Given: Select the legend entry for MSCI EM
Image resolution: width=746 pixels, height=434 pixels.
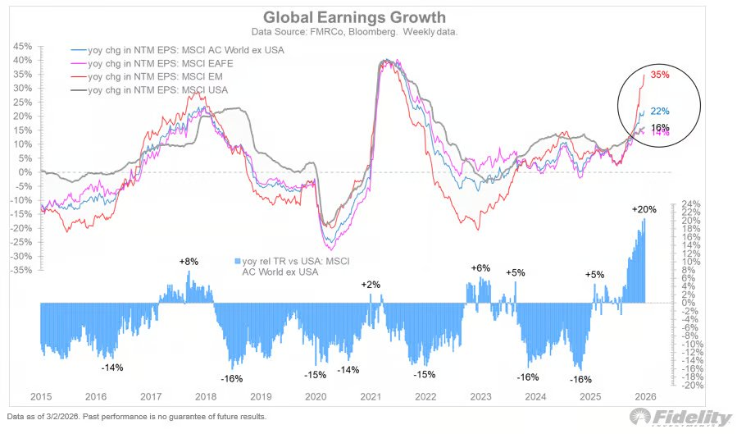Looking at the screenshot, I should (152, 75).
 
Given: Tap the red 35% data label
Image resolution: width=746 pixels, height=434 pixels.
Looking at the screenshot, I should (660, 75).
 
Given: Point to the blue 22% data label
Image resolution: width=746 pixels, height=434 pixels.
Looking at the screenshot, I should (659, 112).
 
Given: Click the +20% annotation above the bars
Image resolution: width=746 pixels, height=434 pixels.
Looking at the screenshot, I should (644, 210).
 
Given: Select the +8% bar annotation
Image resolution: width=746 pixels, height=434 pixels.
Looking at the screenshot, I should (189, 261).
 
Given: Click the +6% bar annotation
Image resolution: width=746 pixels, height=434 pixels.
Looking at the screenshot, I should (480, 268).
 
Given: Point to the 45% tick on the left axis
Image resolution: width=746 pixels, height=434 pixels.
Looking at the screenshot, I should (22, 47).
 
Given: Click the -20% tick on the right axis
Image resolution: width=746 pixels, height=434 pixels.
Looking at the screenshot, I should (687, 385).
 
